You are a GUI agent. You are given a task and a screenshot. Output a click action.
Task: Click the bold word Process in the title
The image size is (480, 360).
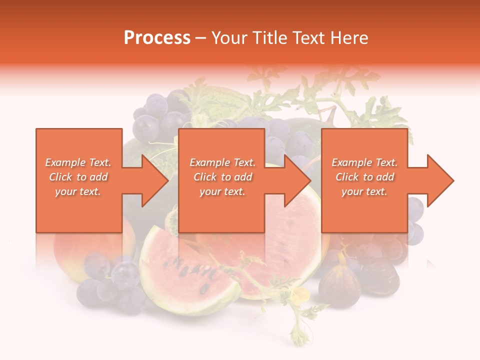click(x=157, y=38)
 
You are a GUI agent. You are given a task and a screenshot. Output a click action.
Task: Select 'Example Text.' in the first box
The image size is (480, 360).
click(x=78, y=162)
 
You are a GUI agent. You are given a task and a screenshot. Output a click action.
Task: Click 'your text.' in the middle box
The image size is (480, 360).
click(x=222, y=191)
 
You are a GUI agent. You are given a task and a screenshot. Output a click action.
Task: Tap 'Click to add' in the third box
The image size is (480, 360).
click(x=364, y=177)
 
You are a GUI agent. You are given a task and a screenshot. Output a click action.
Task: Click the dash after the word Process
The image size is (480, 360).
click(x=200, y=38)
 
